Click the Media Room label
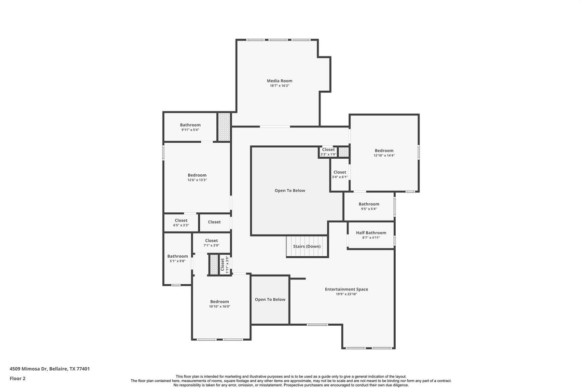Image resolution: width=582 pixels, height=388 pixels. (279, 81)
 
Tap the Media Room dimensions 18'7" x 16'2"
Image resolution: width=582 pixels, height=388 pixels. (279, 86)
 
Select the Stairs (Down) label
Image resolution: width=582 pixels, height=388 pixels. (306, 247)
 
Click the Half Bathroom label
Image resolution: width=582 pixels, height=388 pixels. (371, 233)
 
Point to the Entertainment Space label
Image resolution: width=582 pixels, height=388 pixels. (346, 289)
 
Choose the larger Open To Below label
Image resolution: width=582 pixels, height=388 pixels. (290, 191)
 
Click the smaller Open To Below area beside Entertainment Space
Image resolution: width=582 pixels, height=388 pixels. (270, 300)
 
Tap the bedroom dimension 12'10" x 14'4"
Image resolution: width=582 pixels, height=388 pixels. (384, 155)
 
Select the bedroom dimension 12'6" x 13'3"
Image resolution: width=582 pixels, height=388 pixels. (197, 180)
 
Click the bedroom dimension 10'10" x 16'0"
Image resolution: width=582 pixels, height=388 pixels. (220, 306)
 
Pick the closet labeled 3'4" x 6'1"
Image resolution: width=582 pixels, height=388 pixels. (340, 174)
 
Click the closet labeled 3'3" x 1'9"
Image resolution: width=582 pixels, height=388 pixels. (328, 152)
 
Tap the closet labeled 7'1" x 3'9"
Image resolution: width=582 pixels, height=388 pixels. (211, 243)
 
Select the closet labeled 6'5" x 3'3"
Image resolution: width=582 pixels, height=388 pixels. (181, 222)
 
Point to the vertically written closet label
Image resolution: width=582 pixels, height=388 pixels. (222, 264)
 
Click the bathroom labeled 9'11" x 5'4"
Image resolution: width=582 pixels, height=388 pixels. (190, 127)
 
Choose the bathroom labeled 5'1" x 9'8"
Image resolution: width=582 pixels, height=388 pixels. (178, 258)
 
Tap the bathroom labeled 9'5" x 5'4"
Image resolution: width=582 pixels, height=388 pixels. (369, 206)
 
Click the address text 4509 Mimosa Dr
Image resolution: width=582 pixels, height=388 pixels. (29, 369)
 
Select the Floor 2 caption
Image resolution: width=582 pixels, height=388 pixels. (17, 378)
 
